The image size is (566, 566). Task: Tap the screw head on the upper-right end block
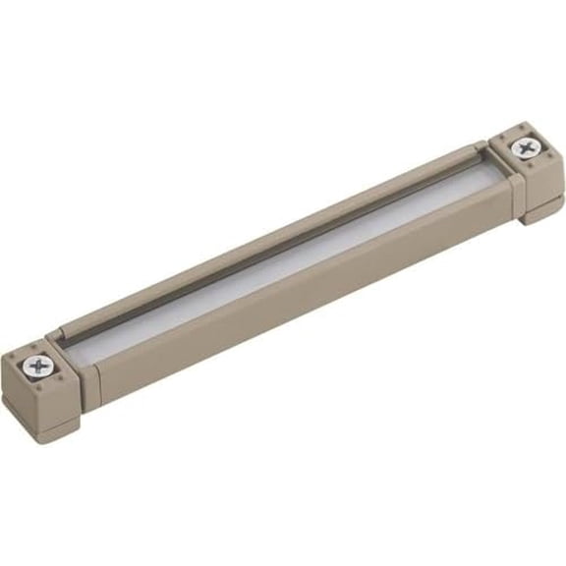point(528,149)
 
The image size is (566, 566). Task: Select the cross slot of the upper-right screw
point(528,149)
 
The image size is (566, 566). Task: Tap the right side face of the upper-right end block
point(550,182)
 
